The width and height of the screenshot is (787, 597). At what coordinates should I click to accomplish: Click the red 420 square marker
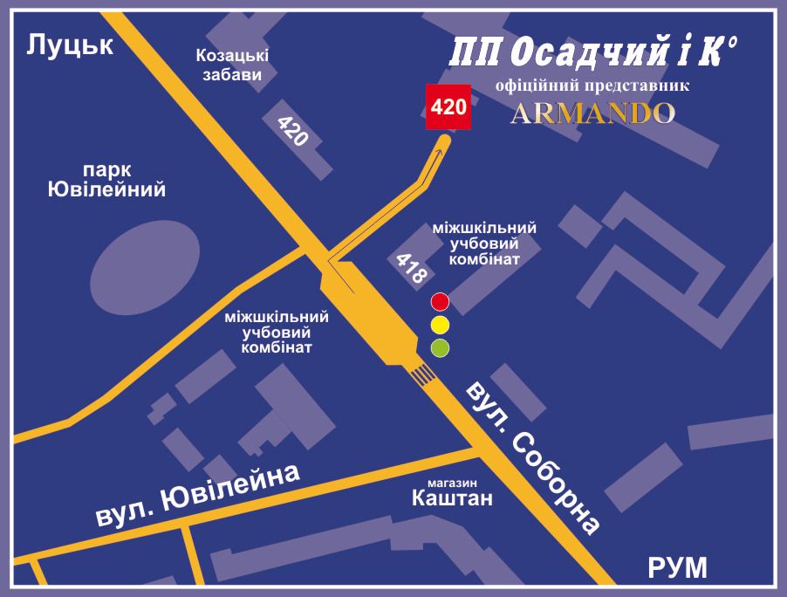coord(448,107)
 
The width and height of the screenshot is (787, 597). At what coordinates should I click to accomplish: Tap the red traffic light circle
coord(441,303)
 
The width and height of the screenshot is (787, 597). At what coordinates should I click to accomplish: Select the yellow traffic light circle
coord(441,326)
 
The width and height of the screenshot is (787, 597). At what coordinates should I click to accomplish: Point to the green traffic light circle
coord(441,348)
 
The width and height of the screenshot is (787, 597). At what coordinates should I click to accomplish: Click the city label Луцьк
coord(70,45)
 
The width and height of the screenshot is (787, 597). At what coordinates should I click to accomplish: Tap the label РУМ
coord(677,568)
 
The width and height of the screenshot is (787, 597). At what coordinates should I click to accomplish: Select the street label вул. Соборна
coord(533,456)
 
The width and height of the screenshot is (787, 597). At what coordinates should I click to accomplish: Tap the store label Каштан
coord(452,498)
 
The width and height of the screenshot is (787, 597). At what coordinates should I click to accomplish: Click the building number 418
coord(411,269)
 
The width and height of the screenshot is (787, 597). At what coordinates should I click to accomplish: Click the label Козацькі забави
coord(232,65)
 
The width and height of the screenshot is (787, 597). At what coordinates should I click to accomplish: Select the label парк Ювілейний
coord(106,179)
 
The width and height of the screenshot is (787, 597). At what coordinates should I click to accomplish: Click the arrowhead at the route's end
coord(442,142)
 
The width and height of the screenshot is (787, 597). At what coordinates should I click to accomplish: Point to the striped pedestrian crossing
coord(423,375)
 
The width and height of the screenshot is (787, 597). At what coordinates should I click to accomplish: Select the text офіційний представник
coord(592,86)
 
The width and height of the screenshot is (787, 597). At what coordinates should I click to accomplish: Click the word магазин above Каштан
coord(453,482)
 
